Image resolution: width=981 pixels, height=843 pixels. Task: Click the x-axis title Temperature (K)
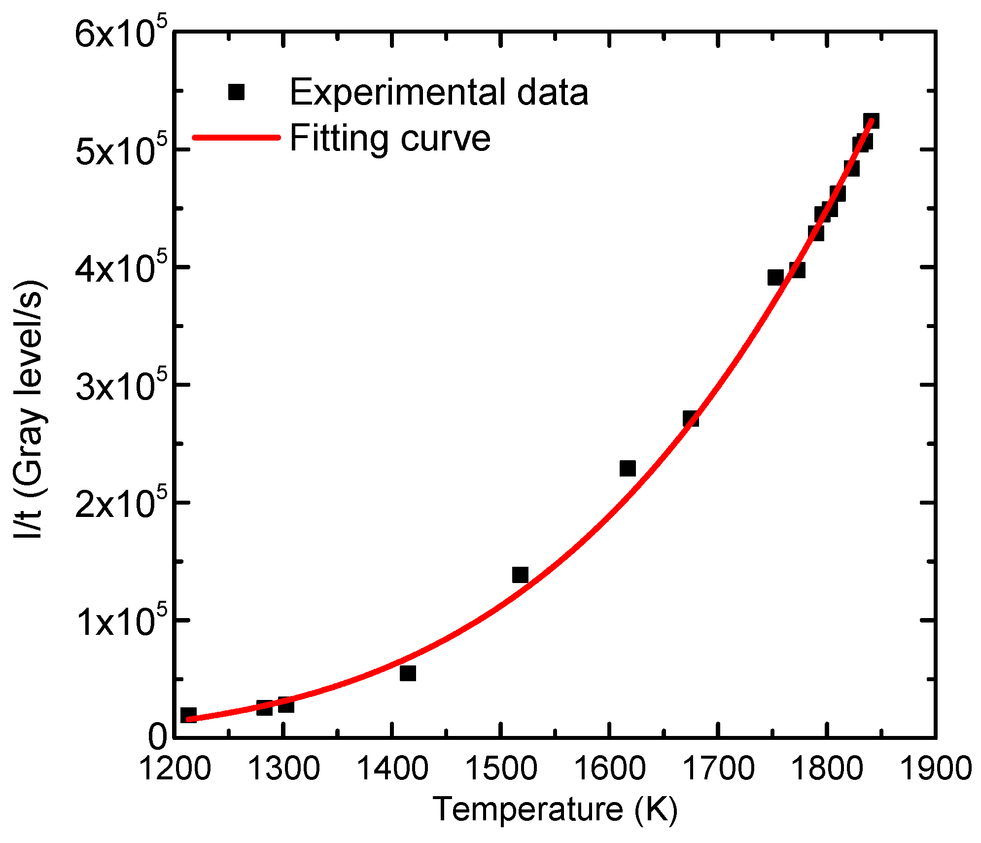point(555,810)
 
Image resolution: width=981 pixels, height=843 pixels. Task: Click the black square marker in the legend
point(237,92)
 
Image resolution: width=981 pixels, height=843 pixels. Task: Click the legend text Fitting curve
point(389,138)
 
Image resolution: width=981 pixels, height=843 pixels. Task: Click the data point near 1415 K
point(408,673)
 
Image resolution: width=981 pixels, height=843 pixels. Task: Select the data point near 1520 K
point(520,575)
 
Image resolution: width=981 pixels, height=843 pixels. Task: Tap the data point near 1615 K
point(628,468)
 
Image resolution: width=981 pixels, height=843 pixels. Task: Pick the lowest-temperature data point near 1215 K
point(188,715)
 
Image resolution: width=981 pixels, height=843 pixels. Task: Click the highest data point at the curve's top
point(871,121)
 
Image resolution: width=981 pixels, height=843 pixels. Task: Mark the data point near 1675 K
point(691,419)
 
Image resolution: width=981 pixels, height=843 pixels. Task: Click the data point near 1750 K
point(775,278)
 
